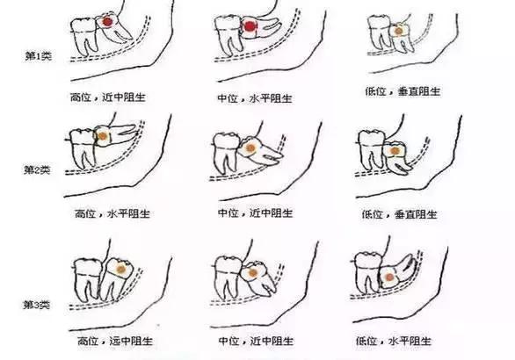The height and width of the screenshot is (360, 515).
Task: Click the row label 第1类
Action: pyautogui.click(x=39, y=56)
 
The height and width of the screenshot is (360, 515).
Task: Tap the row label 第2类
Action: pyautogui.click(x=37, y=170)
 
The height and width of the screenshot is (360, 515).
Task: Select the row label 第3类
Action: pyautogui.click(x=37, y=305)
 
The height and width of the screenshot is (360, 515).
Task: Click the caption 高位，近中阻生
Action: pyautogui.click(x=108, y=97)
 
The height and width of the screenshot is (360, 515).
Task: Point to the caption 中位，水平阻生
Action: pyautogui.click(x=255, y=98)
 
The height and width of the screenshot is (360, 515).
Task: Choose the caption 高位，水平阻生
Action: pyautogui.click(x=112, y=214)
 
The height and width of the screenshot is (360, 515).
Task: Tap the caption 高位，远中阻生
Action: pyautogui.click(x=115, y=341)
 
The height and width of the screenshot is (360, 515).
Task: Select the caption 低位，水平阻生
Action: pyautogui.click(x=394, y=341)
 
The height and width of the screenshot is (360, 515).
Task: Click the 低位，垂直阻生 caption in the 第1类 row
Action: pyautogui.click(x=403, y=91)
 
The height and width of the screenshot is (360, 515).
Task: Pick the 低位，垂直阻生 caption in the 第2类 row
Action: pyautogui.click(x=399, y=214)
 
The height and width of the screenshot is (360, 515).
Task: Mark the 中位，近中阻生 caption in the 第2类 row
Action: pyautogui.click(x=255, y=213)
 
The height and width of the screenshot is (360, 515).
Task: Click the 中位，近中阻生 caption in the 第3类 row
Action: pyautogui.click(x=256, y=341)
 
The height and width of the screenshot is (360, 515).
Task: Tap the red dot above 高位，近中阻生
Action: pyautogui.click(x=108, y=22)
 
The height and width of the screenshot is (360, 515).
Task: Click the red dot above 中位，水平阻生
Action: pyautogui.click(x=250, y=26)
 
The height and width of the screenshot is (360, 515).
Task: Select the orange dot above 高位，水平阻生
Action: pyautogui.click(x=103, y=135)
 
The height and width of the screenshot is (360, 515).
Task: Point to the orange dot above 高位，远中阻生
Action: pyautogui.click(x=121, y=270)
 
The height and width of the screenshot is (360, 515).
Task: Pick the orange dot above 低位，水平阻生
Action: pyautogui.click(x=389, y=277)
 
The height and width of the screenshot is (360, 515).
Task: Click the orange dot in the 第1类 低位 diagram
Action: pyautogui.click(x=398, y=32)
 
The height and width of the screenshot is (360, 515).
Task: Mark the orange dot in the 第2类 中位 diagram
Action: pyautogui.click(x=250, y=148)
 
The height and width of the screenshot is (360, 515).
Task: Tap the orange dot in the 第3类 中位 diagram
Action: pyautogui.click(x=252, y=273)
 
